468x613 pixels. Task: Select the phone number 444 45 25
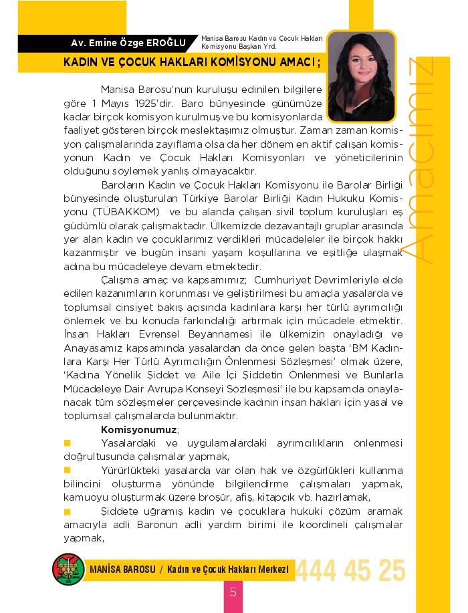click(x=350, y=571)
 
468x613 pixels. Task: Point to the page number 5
click(x=233, y=592)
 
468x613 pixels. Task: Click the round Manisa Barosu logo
click(x=67, y=570)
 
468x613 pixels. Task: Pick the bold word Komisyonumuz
click(x=139, y=428)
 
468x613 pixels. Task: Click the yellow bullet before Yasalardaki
click(x=67, y=443)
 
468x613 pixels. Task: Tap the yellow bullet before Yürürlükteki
click(x=67, y=471)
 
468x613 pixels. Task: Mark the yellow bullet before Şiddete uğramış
click(x=67, y=511)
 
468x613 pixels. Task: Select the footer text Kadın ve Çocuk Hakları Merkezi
click(x=228, y=569)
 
